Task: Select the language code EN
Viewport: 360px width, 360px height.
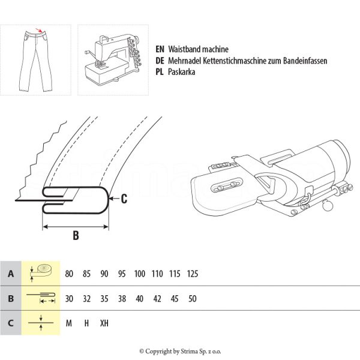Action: coord(159,50)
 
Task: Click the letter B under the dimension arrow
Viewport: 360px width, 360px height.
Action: coord(76,236)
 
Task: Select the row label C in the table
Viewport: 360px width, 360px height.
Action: coord(10,323)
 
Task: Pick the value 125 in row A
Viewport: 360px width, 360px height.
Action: coord(193,274)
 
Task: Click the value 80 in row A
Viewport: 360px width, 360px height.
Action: coord(69,274)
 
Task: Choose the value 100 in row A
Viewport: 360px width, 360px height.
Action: coord(140,274)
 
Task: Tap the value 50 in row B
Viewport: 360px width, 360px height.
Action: coord(192,298)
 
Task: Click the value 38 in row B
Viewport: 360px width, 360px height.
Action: coord(122,298)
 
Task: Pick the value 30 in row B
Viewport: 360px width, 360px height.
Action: coord(69,298)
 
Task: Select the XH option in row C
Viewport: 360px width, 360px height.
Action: coord(104,323)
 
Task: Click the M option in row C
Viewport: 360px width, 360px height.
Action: coord(69,323)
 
